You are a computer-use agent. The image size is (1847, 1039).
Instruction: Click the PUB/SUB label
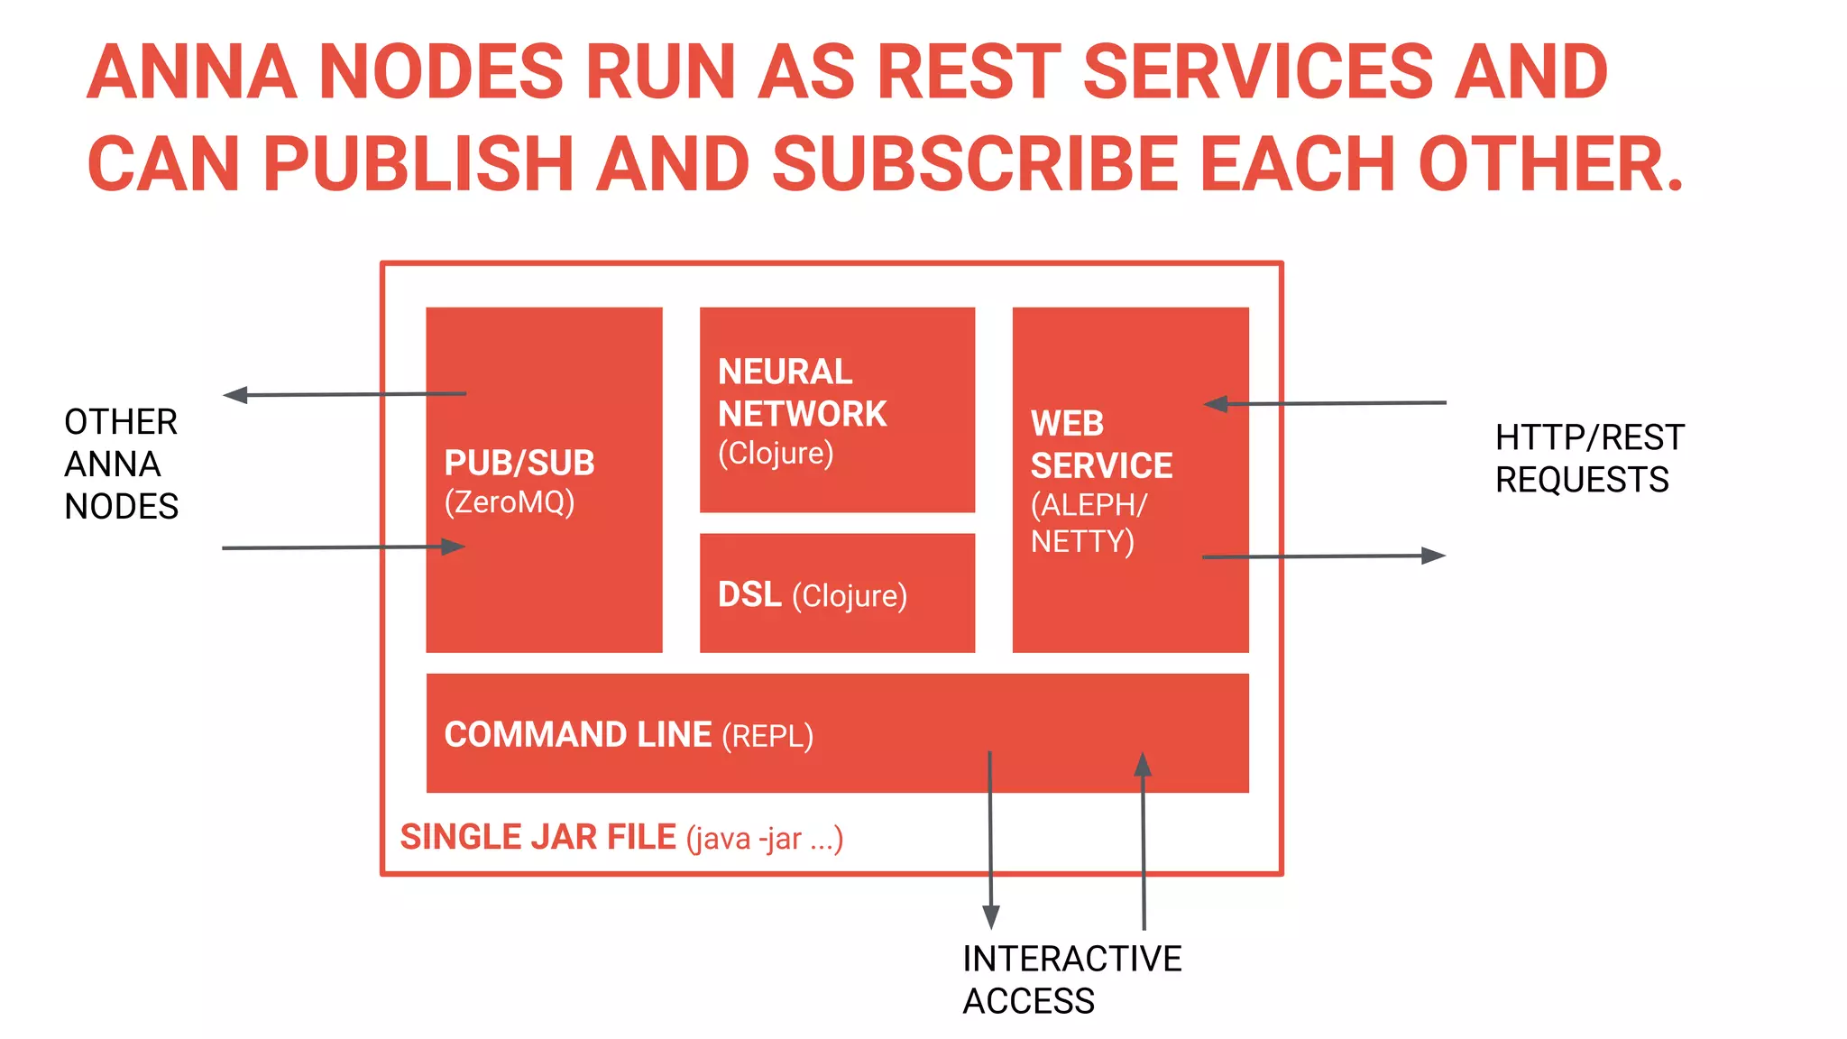pyautogui.click(x=519, y=464)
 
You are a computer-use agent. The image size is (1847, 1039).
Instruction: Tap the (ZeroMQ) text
pyautogui.click(x=509, y=502)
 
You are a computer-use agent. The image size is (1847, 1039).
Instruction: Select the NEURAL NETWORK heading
pyautogui.click(x=801, y=392)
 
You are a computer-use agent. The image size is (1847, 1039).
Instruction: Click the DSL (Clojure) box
pyautogui.click(x=836, y=593)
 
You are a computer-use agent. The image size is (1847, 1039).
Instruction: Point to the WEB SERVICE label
pyautogui.click(x=1100, y=445)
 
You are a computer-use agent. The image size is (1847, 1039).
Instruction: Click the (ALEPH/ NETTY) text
pyautogui.click(x=1088, y=523)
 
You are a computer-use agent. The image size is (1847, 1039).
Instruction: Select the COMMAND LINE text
pyautogui.click(x=577, y=734)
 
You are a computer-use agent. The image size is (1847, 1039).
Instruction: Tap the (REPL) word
pyautogui.click(x=767, y=736)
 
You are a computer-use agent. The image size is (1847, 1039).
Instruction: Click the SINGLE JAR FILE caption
pyautogui.click(x=538, y=837)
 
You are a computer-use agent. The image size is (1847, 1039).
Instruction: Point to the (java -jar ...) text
pyautogui.click(x=764, y=839)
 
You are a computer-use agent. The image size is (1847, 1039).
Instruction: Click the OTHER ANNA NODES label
pyautogui.click(x=121, y=464)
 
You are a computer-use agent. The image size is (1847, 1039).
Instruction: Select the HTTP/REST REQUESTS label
pyautogui.click(x=1588, y=458)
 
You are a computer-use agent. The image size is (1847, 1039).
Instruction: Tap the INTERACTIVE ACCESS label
pyautogui.click(x=1071, y=979)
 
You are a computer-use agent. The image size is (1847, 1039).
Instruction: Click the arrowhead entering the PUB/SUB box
pyautogui.click(x=453, y=547)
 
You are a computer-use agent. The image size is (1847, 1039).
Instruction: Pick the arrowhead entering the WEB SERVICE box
pyautogui.click(x=1216, y=404)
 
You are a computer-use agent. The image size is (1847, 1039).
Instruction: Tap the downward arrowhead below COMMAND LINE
pyautogui.click(x=991, y=918)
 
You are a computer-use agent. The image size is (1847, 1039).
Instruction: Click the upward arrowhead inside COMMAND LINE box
pyautogui.click(x=1143, y=764)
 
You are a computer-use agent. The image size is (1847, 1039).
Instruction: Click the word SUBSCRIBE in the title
pyautogui.click(x=975, y=164)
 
